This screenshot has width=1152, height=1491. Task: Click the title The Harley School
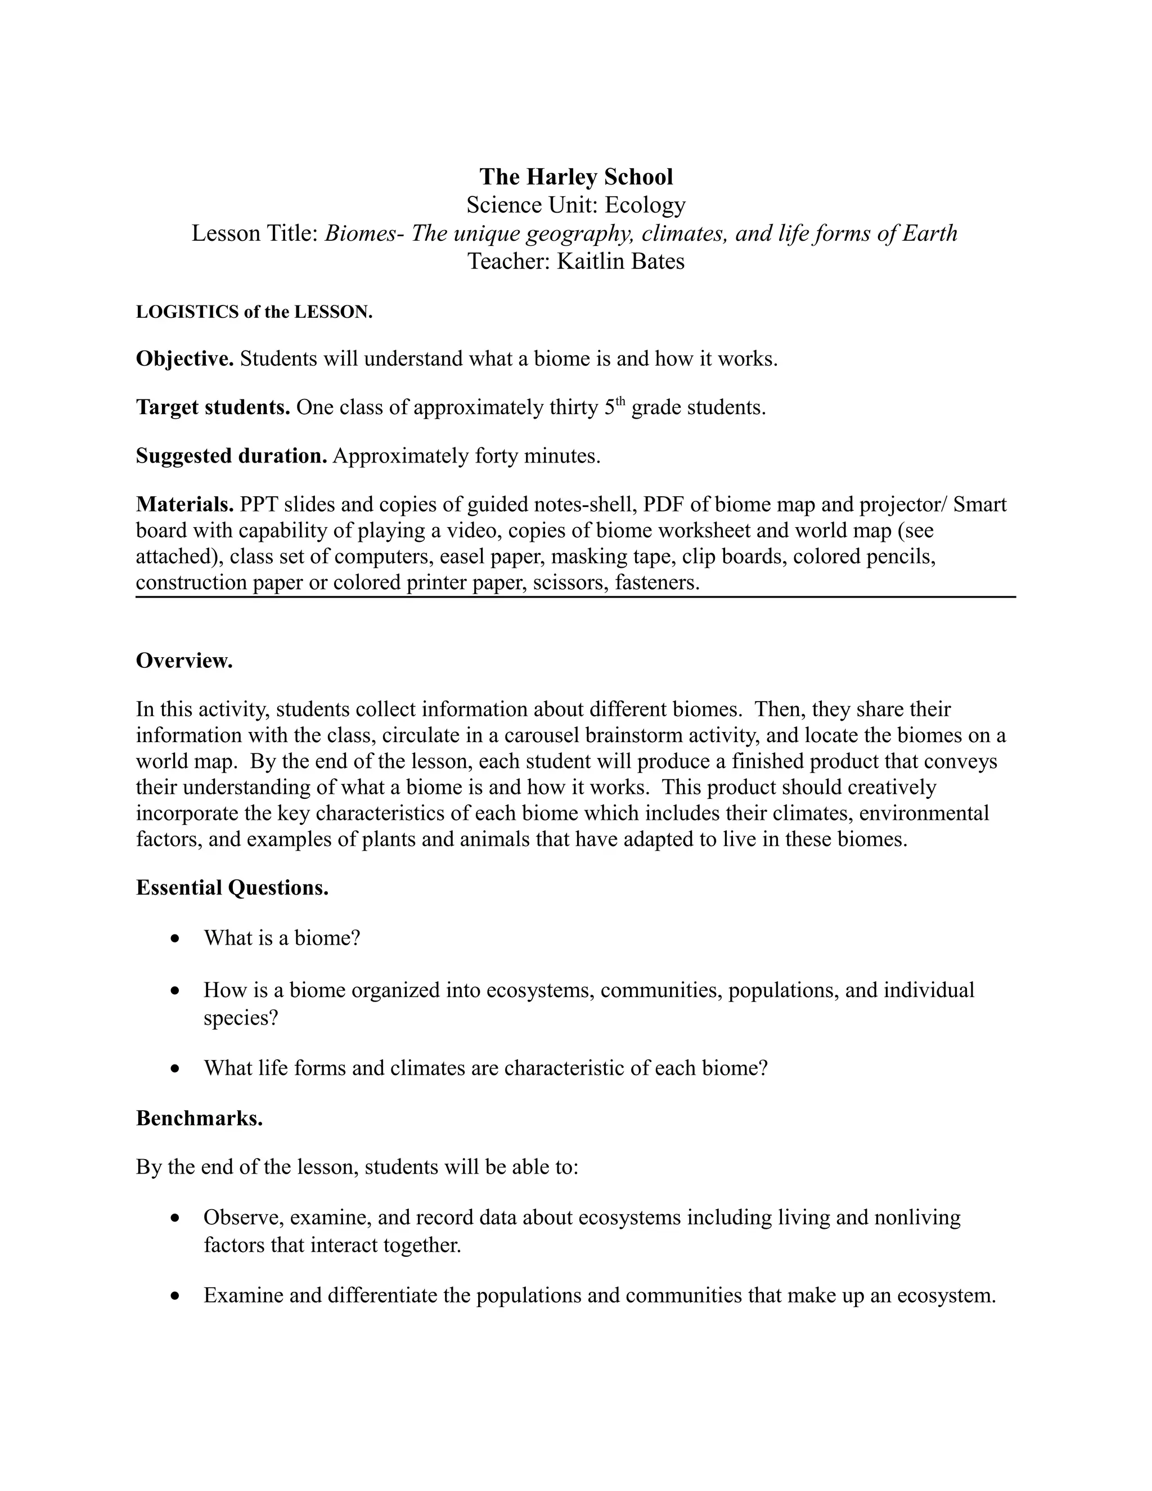[x=576, y=177]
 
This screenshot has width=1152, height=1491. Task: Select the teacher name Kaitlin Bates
[x=620, y=261]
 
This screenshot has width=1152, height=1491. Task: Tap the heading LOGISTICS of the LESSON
[x=254, y=312]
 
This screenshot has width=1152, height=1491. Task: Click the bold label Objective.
[x=185, y=358]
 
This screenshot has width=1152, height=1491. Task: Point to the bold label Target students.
[x=214, y=407]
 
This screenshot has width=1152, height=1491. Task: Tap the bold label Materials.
[x=185, y=505]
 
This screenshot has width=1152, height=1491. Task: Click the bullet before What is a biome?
[x=176, y=938]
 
